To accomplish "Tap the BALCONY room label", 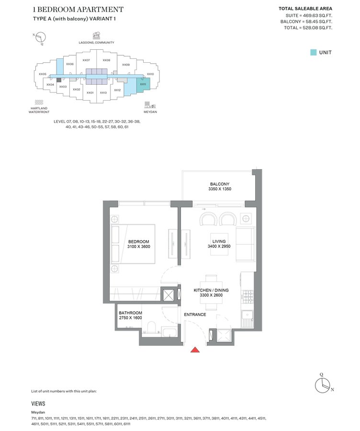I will [x=220, y=184].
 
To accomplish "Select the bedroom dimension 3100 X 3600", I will [x=139, y=247].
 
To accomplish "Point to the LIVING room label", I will [x=219, y=241].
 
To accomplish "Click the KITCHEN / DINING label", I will [x=211, y=290].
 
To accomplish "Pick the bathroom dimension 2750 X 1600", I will [x=130, y=318].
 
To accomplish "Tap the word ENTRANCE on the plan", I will [x=195, y=315].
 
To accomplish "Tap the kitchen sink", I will [x=248, y=316].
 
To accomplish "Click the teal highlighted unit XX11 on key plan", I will [x=143, y=84].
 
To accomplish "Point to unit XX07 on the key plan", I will [x=86, y=60].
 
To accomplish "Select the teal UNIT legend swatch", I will [x=313, y=52].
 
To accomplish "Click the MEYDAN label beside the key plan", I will [x=150, y=112].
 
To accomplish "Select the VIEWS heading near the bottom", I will [x=38, y=404].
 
